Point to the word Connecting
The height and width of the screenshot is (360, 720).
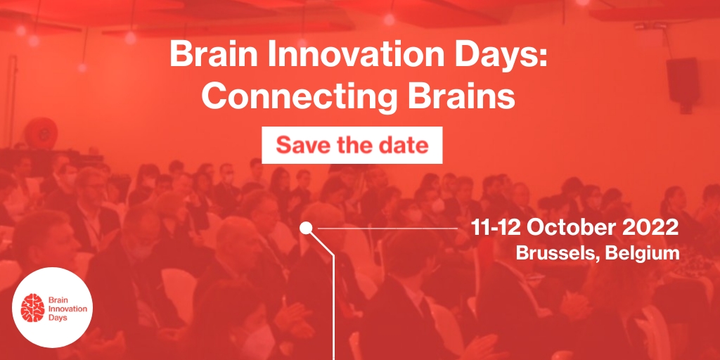coord(297,98)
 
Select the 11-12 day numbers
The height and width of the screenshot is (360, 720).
coord(495,228)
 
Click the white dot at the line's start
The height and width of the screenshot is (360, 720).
coord(306,228)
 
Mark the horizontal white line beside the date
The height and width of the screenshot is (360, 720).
coord(387,228)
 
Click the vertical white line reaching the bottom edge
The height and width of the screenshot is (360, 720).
coord(333,307)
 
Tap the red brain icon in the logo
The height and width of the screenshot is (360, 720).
coord(32,308)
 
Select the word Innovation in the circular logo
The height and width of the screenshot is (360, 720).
coord(67,309)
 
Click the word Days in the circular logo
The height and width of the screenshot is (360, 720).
coord(57,318)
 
